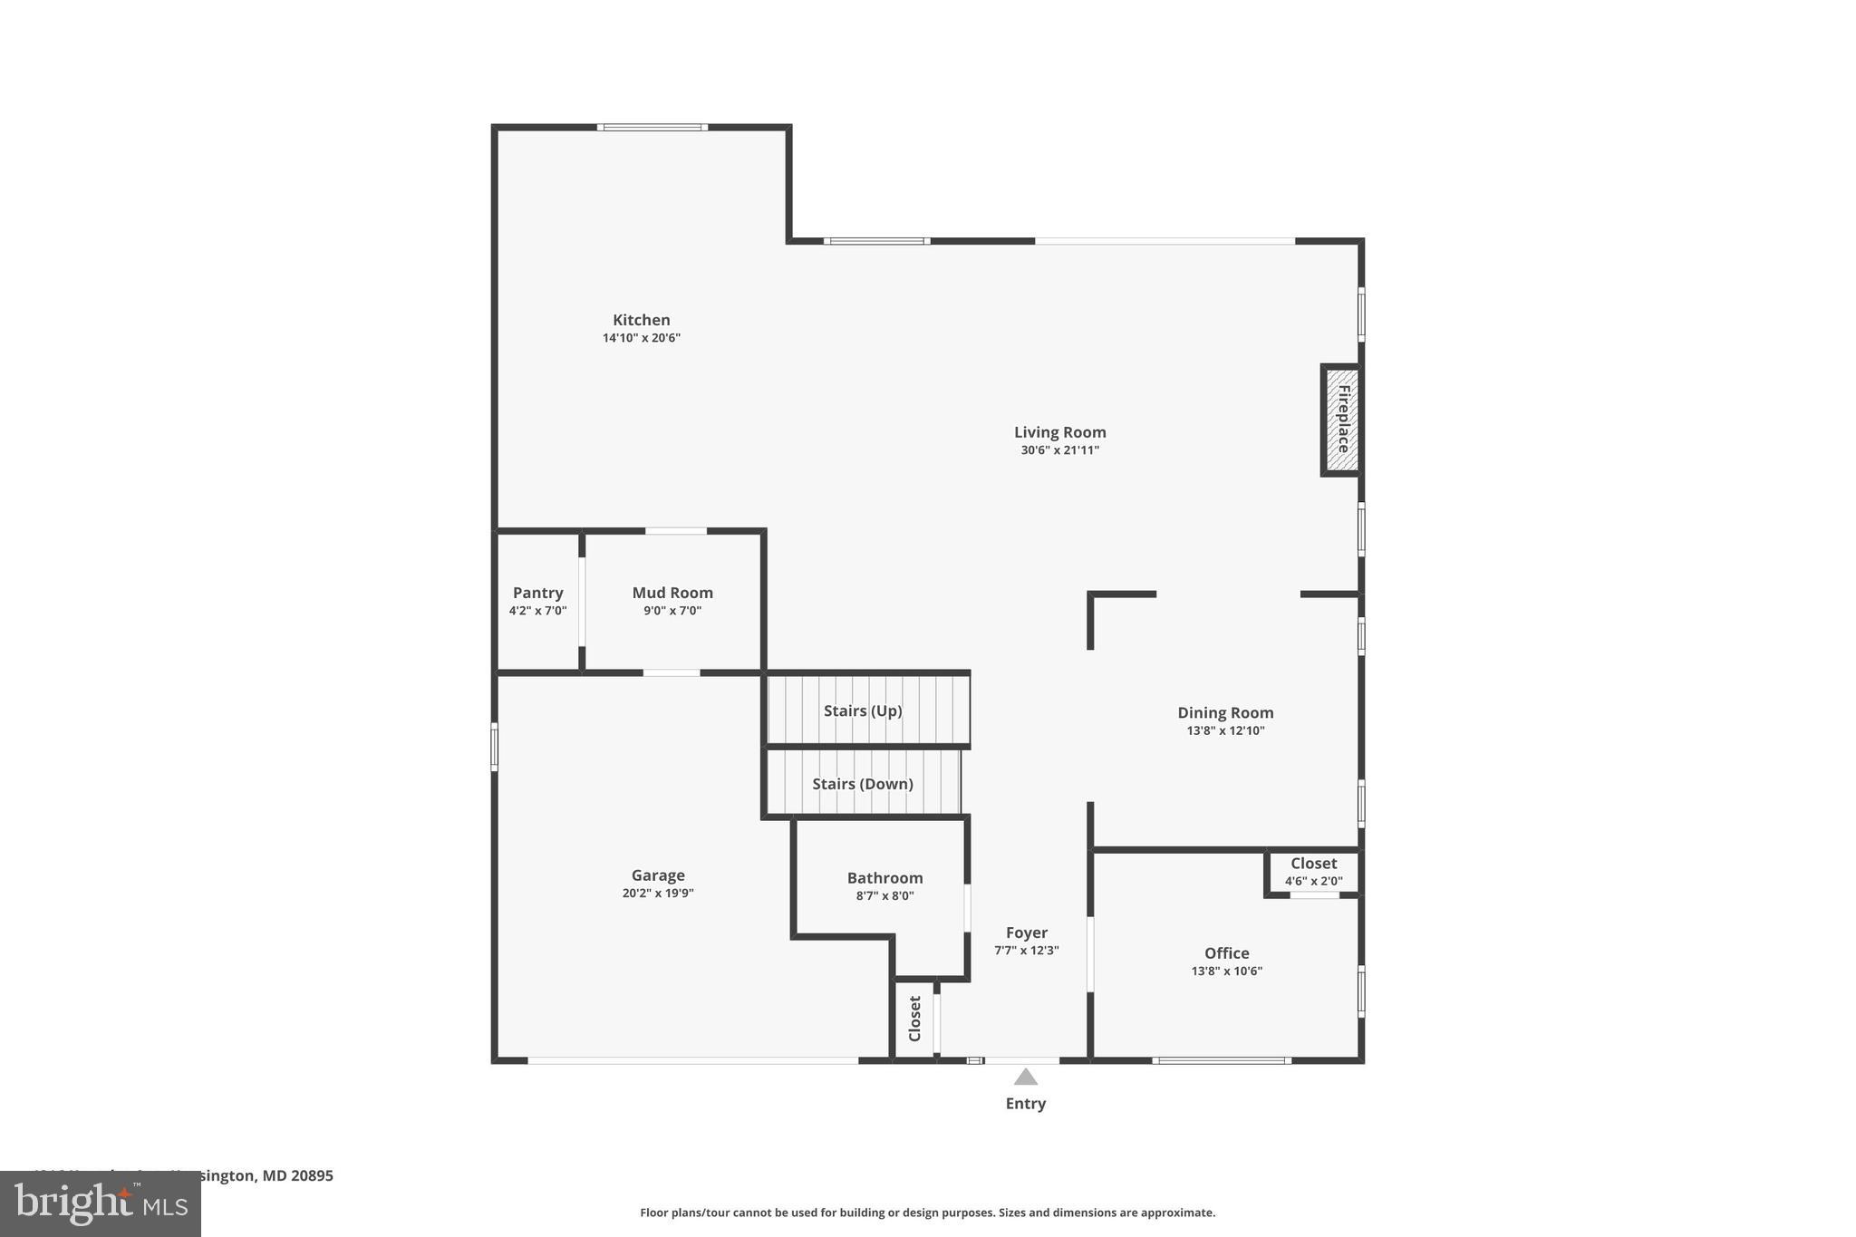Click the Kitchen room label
pos(641,320)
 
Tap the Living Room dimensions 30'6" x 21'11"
pos(1059,450)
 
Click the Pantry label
pos(537,593)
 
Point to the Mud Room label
pos(672,593)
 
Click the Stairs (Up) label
pos(863,710)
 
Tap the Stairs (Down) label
pos(862,784)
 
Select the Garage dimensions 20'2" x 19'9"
pos(658,894)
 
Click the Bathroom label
pos(884,878)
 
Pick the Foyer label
pos(1026,933)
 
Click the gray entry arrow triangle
pos(1025,1078)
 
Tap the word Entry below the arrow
pos(1025,1104)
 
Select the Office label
pos(1226,953)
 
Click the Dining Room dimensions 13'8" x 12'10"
pos(1225,731)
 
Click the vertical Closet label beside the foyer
pos(914,1019)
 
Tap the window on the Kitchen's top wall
pos(652,128)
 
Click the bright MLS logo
pos(101,1204)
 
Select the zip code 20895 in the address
pos(312,1176)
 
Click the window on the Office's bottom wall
pos(1222,1060)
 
